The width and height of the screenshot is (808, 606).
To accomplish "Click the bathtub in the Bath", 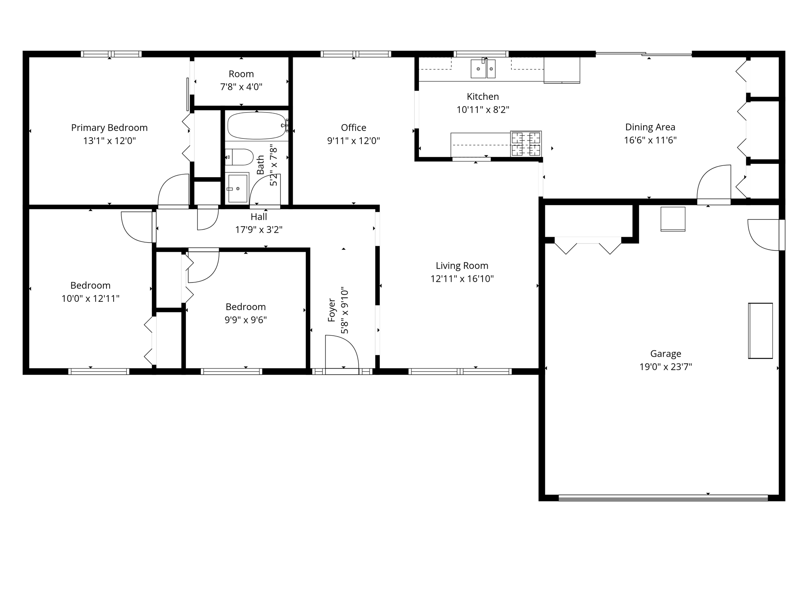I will (x=257, y=126).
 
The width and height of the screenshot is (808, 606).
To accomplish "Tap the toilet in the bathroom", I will (x=239, y=157).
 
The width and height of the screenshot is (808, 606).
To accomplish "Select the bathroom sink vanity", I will (x=237, y=189).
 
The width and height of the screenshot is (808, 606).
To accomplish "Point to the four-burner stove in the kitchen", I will (x=526, y=144).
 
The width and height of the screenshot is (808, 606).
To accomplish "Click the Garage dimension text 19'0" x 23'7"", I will (x=666, y=367).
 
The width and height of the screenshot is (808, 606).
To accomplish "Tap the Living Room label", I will (x=462, y=266).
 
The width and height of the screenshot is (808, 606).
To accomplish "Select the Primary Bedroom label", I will (x=109, y=127).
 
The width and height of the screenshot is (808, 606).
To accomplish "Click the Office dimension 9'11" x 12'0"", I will (x=353, y=141).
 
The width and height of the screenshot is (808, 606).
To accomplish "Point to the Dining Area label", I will (x=650, y=127).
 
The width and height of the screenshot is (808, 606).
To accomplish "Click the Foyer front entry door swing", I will (x=341, y=352).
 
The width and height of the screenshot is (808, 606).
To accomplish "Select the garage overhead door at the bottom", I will (x=663, y=498).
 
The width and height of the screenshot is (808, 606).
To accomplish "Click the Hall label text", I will (x=259, y=217).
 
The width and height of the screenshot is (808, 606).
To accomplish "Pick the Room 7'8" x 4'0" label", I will (x=241, y=80).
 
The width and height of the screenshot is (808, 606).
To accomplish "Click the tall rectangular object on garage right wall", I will (x=760, y=331).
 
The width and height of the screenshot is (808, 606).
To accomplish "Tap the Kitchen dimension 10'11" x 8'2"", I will (x=483, y=110).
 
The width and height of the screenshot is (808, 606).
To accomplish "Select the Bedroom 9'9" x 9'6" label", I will (x=245, y=313).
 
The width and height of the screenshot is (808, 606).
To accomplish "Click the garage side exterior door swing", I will (x=764, y=235).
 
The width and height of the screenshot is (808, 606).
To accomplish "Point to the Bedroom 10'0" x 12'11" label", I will (x=90, y=292).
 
